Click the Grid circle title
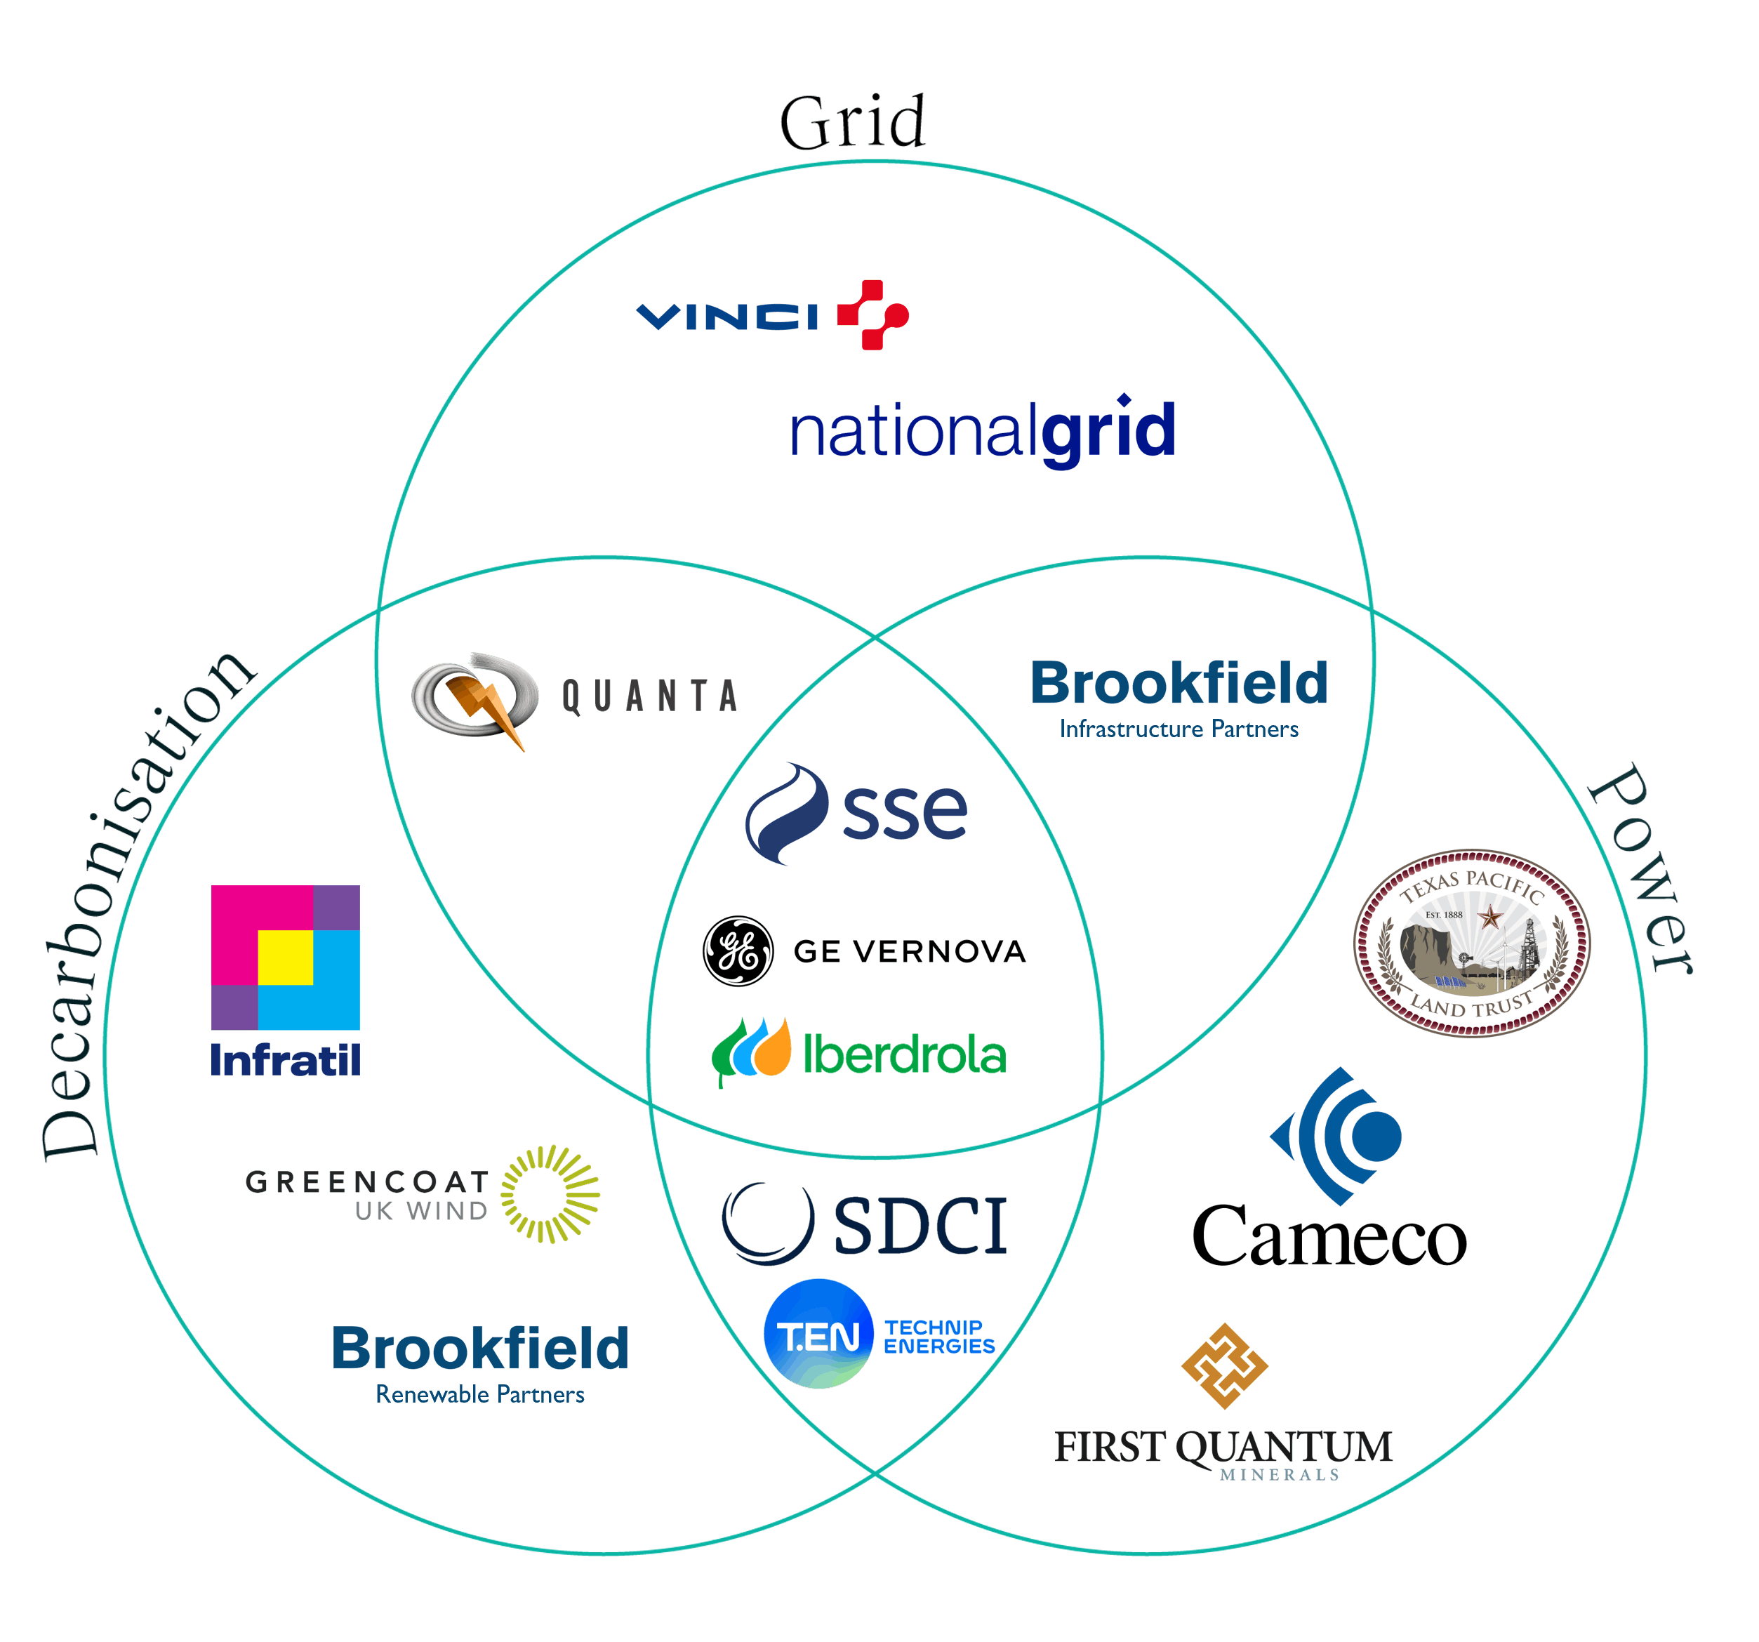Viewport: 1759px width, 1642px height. click(x=852, y=122)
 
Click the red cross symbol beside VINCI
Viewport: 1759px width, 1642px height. click(x=872, y=315)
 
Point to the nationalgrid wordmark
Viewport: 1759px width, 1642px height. click(x=982, y=431)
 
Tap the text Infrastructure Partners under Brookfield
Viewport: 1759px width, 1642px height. click(x=1179, y=729)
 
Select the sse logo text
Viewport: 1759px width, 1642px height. click(x=904, y=812)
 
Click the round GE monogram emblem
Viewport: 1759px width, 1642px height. click(x=738, y=951)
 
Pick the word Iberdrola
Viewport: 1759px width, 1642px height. click(x=904, y=1054)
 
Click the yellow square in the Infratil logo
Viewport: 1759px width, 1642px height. click(x=285, y=958)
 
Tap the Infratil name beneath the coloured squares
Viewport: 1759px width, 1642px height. click(x=285, y=1060)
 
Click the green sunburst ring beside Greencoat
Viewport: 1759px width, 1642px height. click(x=550, y=1194)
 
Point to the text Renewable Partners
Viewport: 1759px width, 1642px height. click(x=479, y=1394)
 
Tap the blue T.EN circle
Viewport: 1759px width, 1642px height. click(x=818, y=1333)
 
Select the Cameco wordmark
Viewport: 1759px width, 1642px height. click(x=1330, y=1238)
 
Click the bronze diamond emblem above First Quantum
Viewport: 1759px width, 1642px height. click(x=1225, y=1366)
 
